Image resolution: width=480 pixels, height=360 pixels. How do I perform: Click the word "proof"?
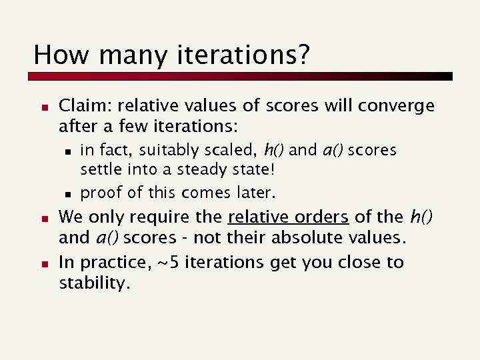(101, 193)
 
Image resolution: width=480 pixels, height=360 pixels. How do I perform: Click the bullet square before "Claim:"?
(42, 107)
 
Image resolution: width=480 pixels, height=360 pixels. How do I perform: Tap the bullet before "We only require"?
(42, 218)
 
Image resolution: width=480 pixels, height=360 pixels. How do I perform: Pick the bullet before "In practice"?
(42, 263)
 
